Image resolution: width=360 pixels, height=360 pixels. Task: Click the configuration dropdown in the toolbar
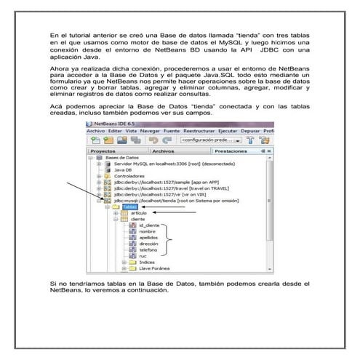[x=207, y=140]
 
